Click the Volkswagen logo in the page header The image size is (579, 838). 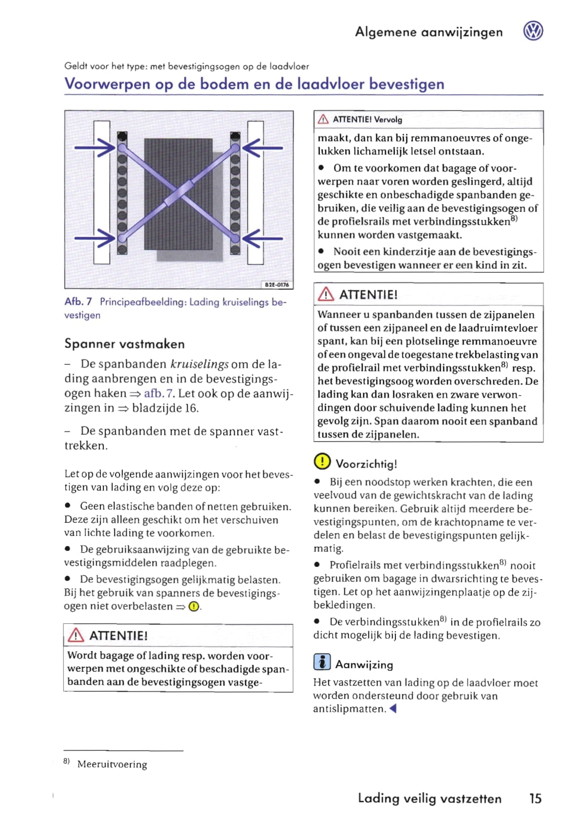point(533,31)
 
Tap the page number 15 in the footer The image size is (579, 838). point(535,798)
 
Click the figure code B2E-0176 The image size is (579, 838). point(277,285)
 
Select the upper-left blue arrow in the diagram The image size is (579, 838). point(95,147)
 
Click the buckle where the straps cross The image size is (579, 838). point(179,193)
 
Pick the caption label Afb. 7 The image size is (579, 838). point(78,301)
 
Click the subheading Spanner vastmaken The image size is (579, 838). point(124,344)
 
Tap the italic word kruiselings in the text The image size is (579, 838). point(199,364)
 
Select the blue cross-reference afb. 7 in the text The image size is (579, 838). point(159,393)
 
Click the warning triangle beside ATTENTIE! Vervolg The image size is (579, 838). point(323,120)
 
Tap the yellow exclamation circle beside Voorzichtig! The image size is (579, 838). point(322,462)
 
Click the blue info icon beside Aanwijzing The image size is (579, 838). point(322,662)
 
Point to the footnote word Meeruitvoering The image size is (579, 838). point(112,764)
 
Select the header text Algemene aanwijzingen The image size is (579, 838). point(428,32)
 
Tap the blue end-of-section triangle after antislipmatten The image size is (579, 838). point(392,708)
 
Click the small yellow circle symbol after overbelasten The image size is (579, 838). point(194,606)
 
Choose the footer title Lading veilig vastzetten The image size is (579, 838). point(429,798)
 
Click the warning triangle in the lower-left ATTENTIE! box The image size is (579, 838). point(76,635)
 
